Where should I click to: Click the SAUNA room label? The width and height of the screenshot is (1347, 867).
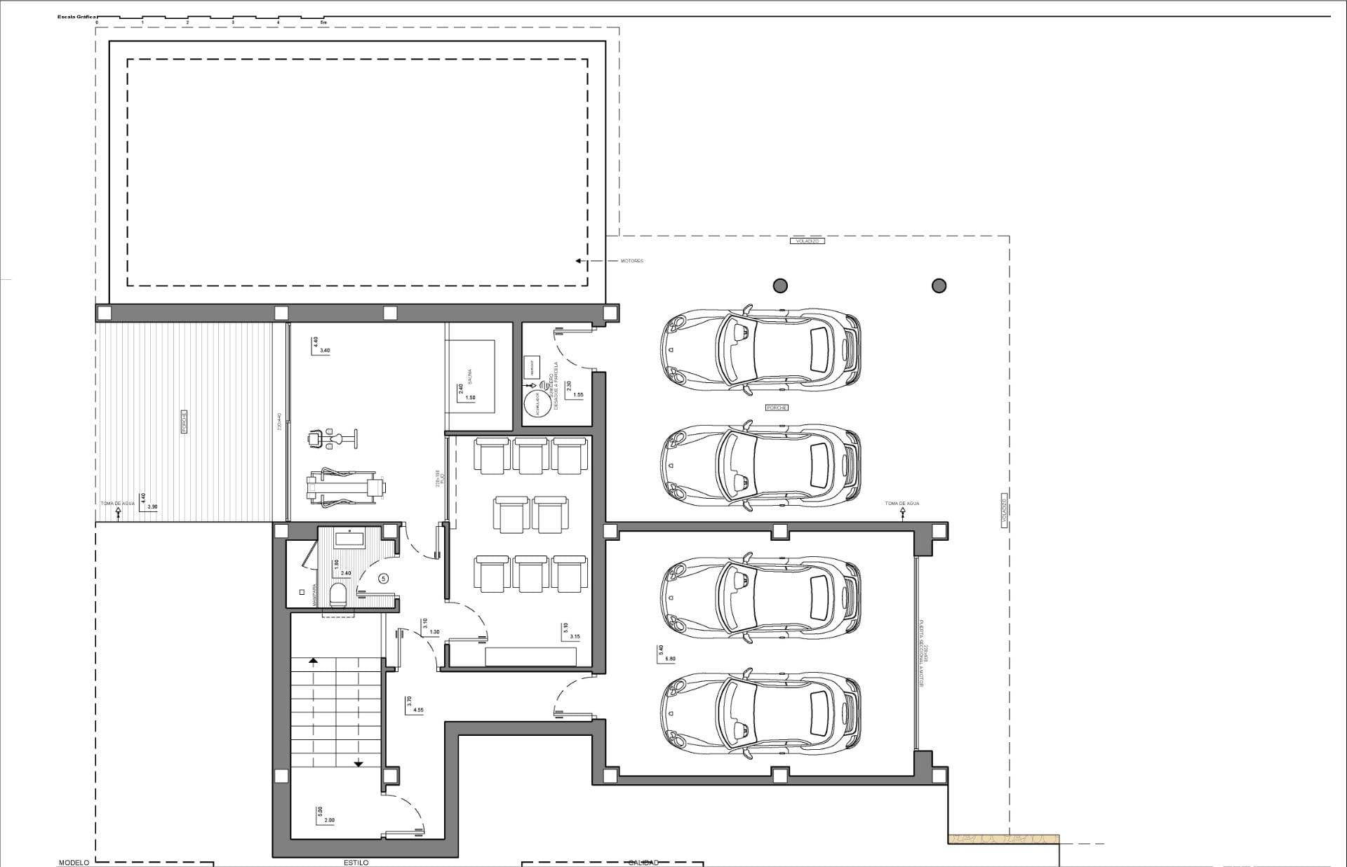pyautogui.click(x=470, y=376)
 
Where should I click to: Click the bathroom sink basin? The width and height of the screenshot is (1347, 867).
pyautogui.click(x=349, y=539)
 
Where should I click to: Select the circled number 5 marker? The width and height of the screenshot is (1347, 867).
pyautogui.click(x=383, y=579)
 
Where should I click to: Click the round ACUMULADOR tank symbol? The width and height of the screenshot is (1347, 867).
pyautogui.click(x=537, y=404)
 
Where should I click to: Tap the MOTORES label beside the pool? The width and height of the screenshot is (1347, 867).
pyautogui.click(x=631, y=261)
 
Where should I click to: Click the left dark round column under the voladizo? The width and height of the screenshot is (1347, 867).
pyautogui.click(x=780, y=285)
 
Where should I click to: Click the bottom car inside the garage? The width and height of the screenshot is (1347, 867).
pyautogui.click(x=760, y=714)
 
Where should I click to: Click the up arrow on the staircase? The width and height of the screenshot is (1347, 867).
pyautogui.click(x=313, y=660)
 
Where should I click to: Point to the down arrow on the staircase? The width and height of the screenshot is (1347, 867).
pyautogui.click(x=358, y=763)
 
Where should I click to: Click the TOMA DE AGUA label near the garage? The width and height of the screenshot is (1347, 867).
pyautogui.click(x=902, y=504)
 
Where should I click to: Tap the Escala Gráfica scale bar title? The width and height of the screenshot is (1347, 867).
pyautogui.click(x=77, y=16)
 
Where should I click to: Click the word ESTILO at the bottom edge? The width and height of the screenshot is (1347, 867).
pyautogui.click(x=356, y=862)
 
